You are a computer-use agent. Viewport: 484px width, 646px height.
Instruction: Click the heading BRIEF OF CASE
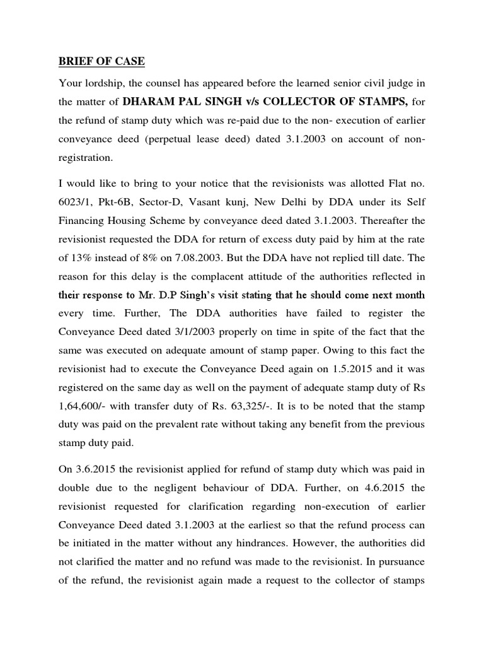(101, 61)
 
